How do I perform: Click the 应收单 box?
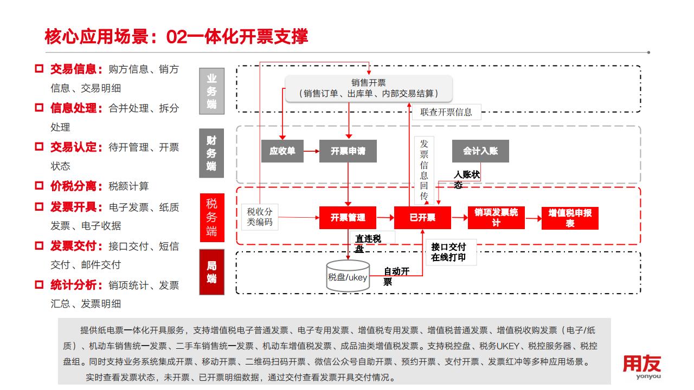(x=282, y=151)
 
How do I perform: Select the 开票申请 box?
(x=348, y=151)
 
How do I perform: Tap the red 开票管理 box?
(x=348, y=218)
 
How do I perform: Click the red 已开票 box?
(x=422, y=218)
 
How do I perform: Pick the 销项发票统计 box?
(x=496, y=218)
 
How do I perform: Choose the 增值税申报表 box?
(x=570, y=218)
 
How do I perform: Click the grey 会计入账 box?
(x=480, y=151)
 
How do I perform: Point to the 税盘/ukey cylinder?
(x=348, y=276)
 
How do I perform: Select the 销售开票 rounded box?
(x=369, y=88)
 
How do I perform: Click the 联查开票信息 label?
(x=446, y=112)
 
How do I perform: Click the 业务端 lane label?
(x=211, y=91)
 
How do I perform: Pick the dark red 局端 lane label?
(x=211, y=272)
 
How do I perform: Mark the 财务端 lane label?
(x=211, y=153)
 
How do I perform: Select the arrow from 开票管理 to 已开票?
(x=385, y=218)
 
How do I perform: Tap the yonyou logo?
(x=641, y=367)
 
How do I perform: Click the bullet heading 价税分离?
(x=76, y=186)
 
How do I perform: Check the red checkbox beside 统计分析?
(x=39, y=284)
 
